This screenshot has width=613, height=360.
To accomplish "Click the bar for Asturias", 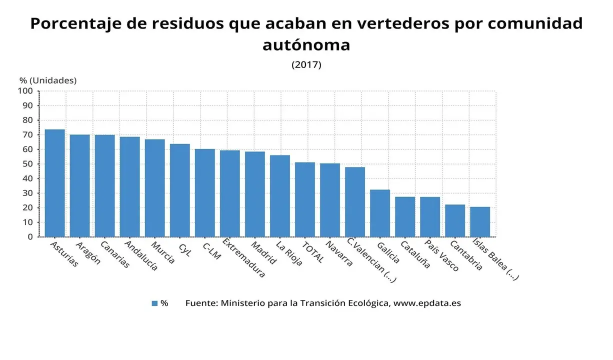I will pos(54,183).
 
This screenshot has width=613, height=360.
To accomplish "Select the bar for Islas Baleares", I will pos(480,221).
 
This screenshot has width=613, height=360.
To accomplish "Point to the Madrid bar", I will pos(255,194).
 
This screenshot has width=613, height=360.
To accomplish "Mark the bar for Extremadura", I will pos(230,193).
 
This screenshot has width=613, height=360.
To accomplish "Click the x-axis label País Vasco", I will pos(441,255).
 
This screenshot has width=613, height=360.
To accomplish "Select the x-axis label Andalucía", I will pos(140,255).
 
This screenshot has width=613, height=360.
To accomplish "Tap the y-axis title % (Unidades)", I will pos(48,80).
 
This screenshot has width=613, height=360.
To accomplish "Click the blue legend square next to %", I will pos(154,303).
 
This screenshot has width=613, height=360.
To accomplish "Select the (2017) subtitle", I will pos(306,64).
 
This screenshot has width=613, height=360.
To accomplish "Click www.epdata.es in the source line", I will pos(427,303).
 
